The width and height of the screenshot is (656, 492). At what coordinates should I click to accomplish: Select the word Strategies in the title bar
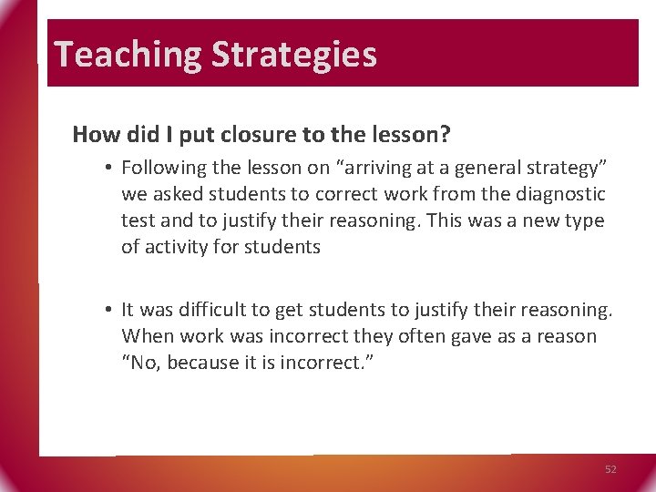(293, 55)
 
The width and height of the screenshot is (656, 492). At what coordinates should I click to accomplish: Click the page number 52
(610, 469)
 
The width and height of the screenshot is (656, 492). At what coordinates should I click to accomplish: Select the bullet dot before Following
(108, 168)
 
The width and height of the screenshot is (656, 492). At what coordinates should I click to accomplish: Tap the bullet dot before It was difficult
(108, 310)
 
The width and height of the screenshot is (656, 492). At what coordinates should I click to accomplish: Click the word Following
(162, 168)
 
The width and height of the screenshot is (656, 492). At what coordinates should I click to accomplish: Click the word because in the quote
(203, 363)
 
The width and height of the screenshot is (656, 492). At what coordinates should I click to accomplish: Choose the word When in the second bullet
(148, 336)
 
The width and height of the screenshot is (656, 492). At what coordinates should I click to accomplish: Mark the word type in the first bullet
(583, 220)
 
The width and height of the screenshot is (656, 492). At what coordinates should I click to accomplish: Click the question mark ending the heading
(445, 135)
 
